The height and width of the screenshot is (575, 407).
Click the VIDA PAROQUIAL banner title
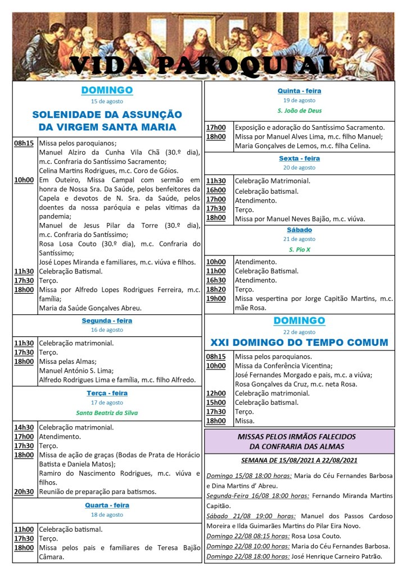pyautogui.click(x=203, y=66)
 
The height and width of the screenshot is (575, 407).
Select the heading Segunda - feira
pyautogui.click(x=107, y=321)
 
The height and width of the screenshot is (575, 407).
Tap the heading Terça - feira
pyautogui.click(x=107, y=393)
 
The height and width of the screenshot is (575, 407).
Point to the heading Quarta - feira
pyautogui.click(x=107, y=505)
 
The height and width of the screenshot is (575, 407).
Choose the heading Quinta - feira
pyautogui.click(x=299, y=91)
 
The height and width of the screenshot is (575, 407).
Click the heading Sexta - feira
pyautogui.click(x=299, y=158)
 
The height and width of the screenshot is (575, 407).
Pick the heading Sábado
pyautogui.click(x=299, y=230)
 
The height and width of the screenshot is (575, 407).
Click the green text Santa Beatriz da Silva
pyautogui.click(x=107, y=413)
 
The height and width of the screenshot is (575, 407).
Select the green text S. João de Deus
pyautogui.click(x=299, y=111)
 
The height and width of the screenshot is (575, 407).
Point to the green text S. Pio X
pyautogui.click(x=299, y=249)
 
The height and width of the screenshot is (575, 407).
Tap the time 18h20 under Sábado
pyautogui.click(x=216, y=289)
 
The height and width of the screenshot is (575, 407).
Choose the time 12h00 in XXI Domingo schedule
pyautogui.click(x=216, y=393)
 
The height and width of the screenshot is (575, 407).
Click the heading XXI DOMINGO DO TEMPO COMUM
pyautogui.click(x=299, y=342)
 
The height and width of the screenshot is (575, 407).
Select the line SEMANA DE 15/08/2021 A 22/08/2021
pyautogui.click(x=299, y=460)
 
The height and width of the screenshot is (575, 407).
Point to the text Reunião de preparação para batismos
pyautogui.click(x=97, y=491)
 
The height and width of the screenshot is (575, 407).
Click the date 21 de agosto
pyautogui.click(x=299, y=239)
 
